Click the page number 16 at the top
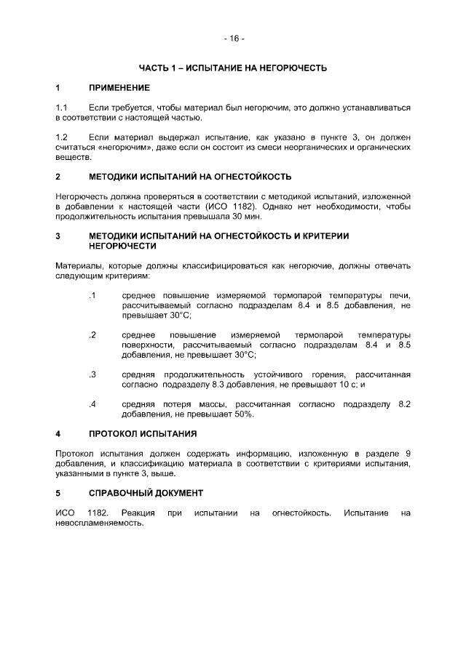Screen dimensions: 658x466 click(234, 38)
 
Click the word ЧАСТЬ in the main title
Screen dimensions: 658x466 click(154, 68)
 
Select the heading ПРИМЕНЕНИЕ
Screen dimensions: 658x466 click(119, 88)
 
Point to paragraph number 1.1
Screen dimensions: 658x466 click(62, 108)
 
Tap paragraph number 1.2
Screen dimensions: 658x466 click(62, 137)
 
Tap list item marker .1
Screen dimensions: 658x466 click(92, 295)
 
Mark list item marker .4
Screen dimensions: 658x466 click(92, 404)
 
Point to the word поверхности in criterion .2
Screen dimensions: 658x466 click(145, 345)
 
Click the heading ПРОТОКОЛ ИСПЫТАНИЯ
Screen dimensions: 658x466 click(142, 434)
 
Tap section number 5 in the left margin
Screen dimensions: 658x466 click(58, 493)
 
